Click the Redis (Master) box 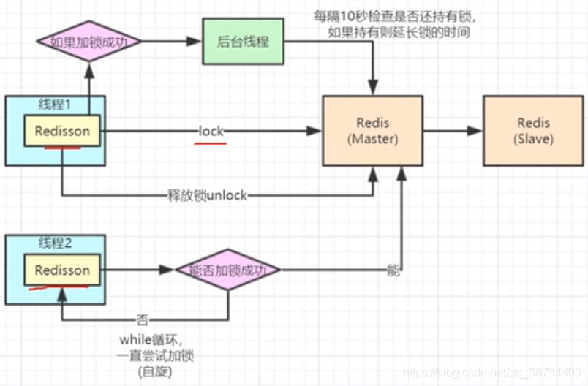373,130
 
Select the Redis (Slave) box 535,130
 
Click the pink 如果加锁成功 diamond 88,41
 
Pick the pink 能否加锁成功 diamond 227,270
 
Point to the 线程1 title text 56,105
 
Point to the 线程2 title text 56,243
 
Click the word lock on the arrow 211,131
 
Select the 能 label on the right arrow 393,271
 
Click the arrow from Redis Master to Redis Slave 452,131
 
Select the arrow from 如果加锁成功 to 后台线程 171,41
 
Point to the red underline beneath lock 209,143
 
